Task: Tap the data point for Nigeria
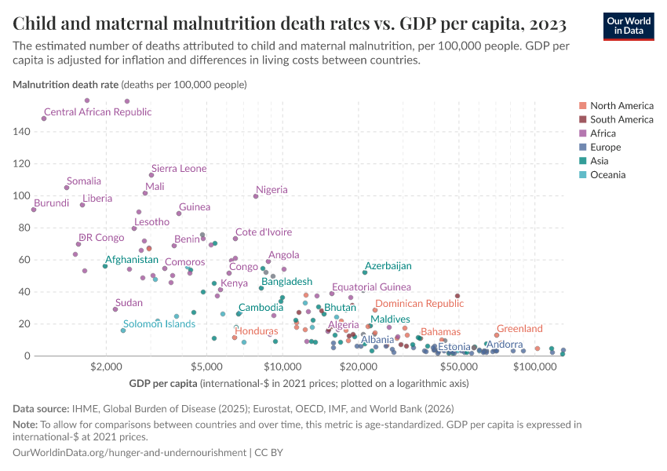click(x=256, y=196)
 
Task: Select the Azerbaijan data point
click(x=365, y=272)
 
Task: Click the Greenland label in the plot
click(x=519, y=329)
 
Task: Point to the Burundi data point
click(x=34, y=210)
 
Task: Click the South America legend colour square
click(x=582, y=119)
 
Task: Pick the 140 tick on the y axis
click(x=21, y=132)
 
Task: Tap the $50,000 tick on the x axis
click(x=456, y=367)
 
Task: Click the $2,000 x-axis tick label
click(x=104, y=367)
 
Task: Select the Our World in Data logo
click(x=629, y=25)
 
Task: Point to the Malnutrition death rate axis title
click(x=65, y=84)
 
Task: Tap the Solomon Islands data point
click(x=123, y=330)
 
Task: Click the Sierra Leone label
click(x=179, y=169)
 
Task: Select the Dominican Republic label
click(x=419, y=304)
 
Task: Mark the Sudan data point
click(x=115, y=309)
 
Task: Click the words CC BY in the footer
click(x=271, y=453)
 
